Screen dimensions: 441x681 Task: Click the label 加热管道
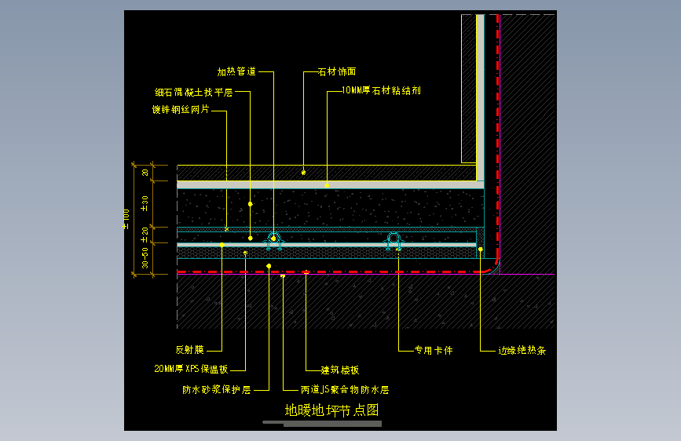click(x=236, y=72)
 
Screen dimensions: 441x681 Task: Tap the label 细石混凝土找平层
click(x=193, y=93)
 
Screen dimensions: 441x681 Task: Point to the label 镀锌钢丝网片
click(x=181, y=111)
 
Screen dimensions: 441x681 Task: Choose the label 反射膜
click(x=189, y=350)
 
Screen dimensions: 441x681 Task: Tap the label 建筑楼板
click(x=340, y=370)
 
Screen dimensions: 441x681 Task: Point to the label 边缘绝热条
click(x=522, y=351)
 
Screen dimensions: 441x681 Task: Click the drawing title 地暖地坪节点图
click(x=331, y=410)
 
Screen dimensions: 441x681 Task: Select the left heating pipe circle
click(x=274, y=238)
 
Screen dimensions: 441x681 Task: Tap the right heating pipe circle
click(x=394, y=238)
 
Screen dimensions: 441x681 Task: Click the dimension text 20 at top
click(x=145, y=173)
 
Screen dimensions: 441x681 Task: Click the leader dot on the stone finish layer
click(x=304, y=171)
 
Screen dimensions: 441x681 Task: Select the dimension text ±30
click(x=145, y=203)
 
